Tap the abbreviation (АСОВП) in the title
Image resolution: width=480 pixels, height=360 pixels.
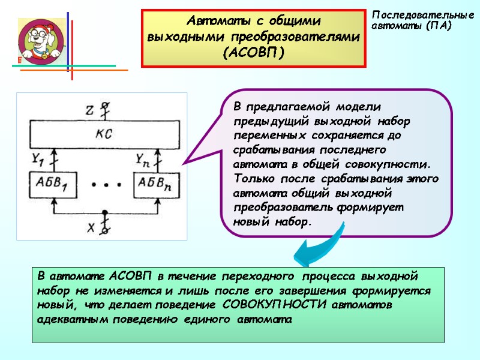(x=253, y=53)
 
